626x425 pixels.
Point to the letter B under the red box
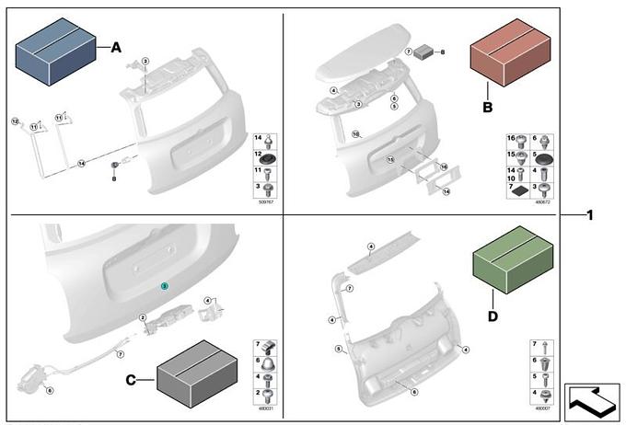point(489,106)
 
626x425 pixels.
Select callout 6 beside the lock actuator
point(50,390)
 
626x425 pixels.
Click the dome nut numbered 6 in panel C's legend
point(269,362)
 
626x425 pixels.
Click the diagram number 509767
point(266,201)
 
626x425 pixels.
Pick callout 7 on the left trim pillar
point(350,288)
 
